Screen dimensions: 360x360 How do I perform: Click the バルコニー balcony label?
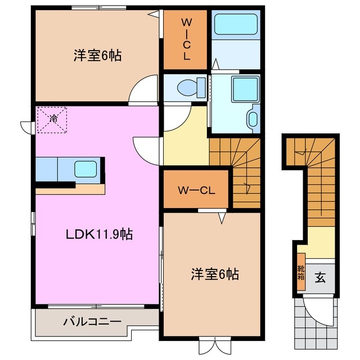(92, 322)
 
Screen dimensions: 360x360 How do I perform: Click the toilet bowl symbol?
(186, 88)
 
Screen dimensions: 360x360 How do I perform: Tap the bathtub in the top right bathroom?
(236, 24)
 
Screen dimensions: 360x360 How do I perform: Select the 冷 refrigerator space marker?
(52, 119)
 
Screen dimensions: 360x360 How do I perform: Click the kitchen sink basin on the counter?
(85, 169)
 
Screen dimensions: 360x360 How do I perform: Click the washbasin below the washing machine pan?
(252, 119)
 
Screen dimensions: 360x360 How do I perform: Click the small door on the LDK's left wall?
(26, 127)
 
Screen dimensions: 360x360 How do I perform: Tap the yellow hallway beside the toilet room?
(186, 138)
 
